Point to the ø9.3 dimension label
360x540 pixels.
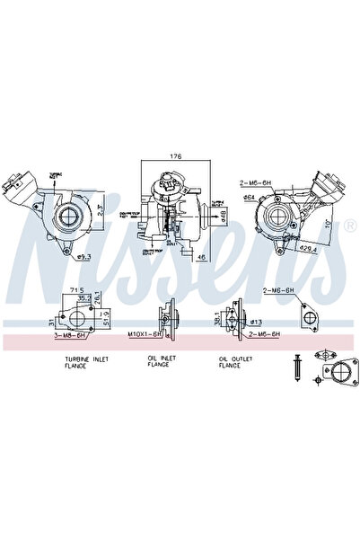coord(86,258)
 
